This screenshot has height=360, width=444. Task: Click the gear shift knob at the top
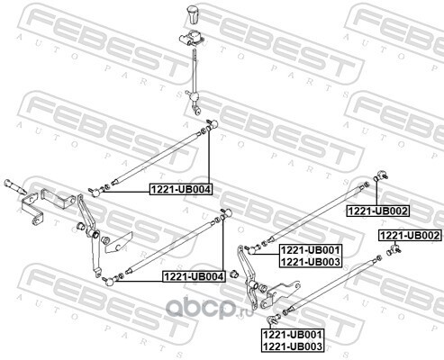[192, 13]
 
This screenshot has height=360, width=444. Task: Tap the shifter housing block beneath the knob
[192, 37]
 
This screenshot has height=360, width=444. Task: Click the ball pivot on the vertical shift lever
[195, 96]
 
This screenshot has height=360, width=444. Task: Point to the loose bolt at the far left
[15, 187]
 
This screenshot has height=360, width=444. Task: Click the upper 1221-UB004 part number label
[181, 189]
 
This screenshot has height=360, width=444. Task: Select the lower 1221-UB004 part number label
[194, 276]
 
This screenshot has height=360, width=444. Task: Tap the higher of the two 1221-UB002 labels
[378, 211]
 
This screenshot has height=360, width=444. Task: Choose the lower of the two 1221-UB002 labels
[410, 236]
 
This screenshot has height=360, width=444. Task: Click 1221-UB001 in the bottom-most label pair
[293, 334]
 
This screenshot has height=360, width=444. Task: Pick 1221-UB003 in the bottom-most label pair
[293, 346]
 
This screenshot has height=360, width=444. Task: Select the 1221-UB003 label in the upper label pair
[311, 262]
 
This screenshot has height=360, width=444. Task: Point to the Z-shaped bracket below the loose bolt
[32, 209]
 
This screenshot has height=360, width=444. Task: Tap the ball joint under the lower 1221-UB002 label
[394, 249]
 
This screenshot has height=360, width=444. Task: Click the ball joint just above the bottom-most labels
[272, 319]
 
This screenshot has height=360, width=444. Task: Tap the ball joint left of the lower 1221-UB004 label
[110, 281]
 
